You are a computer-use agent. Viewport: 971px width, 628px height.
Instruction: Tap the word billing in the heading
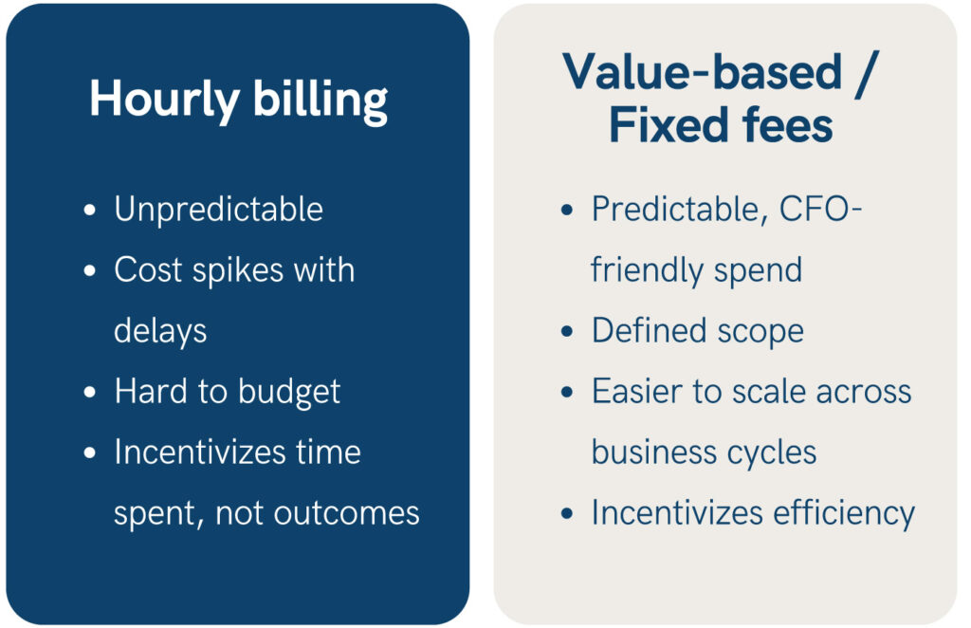pos(321,102)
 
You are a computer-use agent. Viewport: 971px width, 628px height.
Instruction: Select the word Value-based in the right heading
pos(703,72)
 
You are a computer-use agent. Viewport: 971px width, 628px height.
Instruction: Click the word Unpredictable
pos(219,210)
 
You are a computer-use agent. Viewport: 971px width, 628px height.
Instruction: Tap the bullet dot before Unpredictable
pos(90,210)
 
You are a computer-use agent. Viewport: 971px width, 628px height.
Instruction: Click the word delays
pos(160,331)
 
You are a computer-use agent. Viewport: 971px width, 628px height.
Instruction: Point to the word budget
pos(289,393)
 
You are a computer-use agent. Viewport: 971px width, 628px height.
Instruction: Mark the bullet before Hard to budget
pos(90,392)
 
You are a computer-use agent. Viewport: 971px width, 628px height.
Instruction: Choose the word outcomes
pos(347,514)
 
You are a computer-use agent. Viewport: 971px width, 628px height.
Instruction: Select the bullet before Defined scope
pos(567,331)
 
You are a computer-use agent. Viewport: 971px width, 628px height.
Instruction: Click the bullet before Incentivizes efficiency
pos(567,513)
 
